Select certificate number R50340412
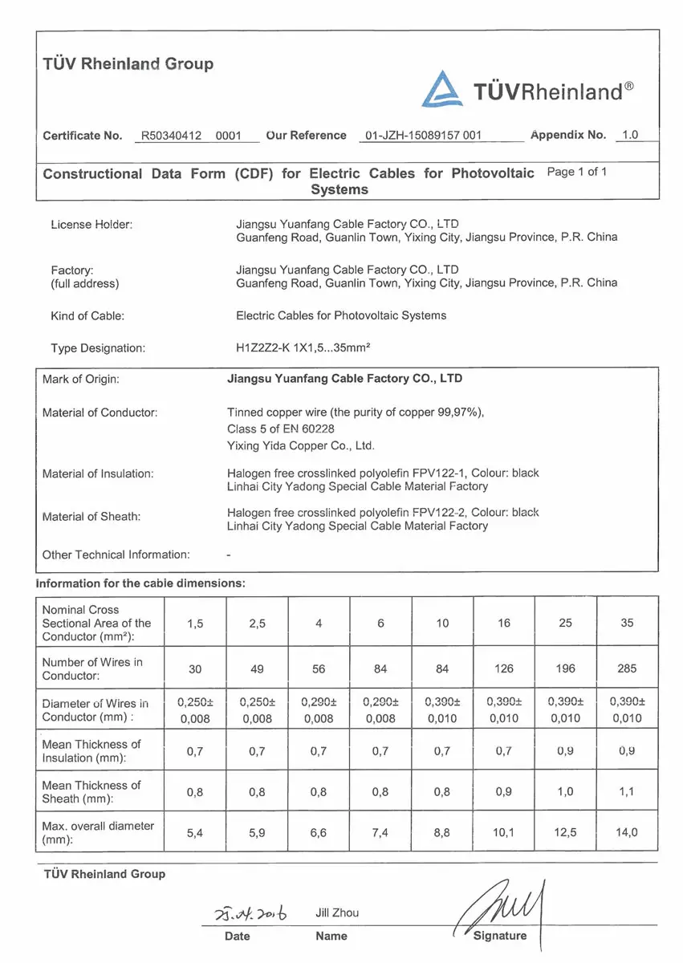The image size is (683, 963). (x=173, y=136)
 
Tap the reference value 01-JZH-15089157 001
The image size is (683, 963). (x=423, y=136)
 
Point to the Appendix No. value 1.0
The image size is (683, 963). (x=630, y=135)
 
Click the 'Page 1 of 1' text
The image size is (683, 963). (x=576, y=172)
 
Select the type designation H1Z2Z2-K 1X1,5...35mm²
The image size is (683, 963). (x=302, y=348)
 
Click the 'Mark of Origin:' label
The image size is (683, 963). (x=80, y=380)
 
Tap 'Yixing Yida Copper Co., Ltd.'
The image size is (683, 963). (x=301, y=445)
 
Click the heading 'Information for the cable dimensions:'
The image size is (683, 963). (x=140, y=583)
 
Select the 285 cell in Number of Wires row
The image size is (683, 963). (x=627, y=668)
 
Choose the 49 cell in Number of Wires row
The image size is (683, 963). (x=257, y=668)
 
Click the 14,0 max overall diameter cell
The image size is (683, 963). (x=627, y=833)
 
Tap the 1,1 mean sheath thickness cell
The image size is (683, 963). (x=627, y=792)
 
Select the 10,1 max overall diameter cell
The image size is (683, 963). (x=503, y=833)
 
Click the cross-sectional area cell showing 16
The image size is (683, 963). (x=503, y=623)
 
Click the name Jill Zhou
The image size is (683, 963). (x=337, y=912)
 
